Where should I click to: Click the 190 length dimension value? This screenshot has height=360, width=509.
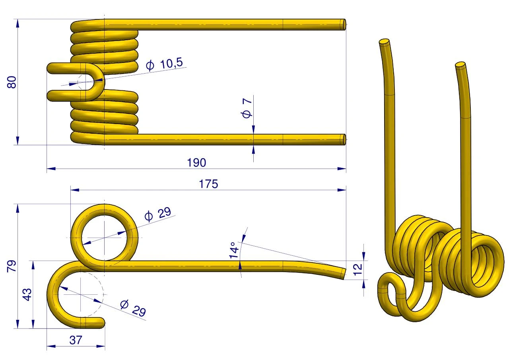tap(196, 163)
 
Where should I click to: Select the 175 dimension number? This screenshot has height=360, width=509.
tap(208, 184)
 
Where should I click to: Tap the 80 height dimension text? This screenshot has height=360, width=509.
tap(12, 82)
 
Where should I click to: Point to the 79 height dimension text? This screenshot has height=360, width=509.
tap(12, 266)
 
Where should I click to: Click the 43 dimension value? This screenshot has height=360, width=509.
tap(27, 294)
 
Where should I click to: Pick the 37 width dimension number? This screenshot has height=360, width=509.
tap(76, 340)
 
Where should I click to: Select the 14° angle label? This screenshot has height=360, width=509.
tap(234, 250)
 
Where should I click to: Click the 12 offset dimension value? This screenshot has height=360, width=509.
tap(357, 270)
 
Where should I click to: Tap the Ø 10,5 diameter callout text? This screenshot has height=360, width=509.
tap(164, 64)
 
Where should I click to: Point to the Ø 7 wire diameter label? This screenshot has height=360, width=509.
tap(247, 108)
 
